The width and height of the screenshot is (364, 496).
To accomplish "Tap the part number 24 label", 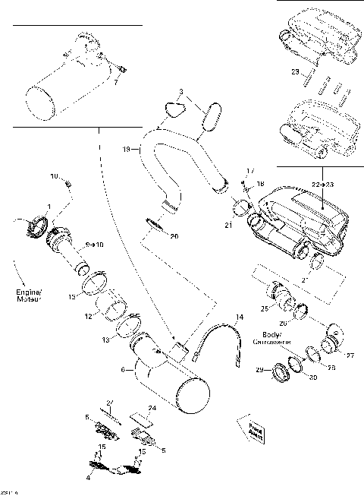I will [x=152, y=409].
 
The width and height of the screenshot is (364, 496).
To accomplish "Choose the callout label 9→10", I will [x=96, y=245].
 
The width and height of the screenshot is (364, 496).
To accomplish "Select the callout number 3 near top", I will [x=180, y=92].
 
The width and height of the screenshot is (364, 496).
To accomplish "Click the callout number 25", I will [x=265, y=309].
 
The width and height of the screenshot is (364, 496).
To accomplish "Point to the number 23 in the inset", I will [x=295, y=71].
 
